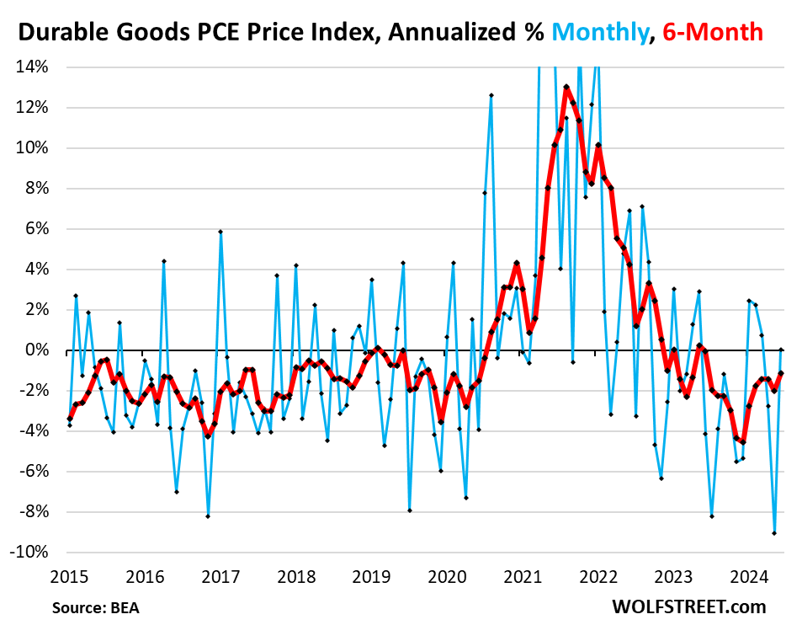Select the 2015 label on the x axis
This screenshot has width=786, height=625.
pyautogui.click(x=69, y=578)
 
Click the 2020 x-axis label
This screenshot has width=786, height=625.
pyautogui.click(x=447, y=578)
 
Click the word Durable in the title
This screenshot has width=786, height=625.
pyautogui.click(x=58, y=33)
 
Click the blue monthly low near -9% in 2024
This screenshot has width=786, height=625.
pyautogui.click(x=774, y=533)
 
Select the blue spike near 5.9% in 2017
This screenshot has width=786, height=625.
pyautogui.click(x=220, y=232)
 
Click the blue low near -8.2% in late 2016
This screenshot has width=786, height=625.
pyautogui.click(x=208, y=516)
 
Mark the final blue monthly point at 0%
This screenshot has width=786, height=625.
pyautogui.click(x=781, y=350)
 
